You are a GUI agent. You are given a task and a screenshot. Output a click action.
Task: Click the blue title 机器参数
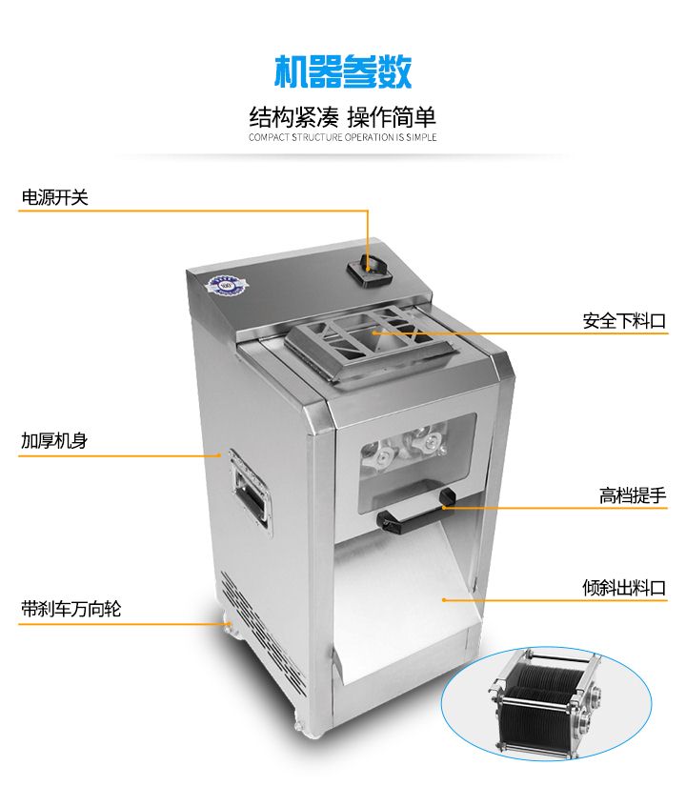coord(343,71)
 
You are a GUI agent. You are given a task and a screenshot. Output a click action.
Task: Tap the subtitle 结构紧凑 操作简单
coord(343,117)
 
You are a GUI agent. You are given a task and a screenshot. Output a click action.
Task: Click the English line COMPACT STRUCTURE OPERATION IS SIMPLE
coord(343,137)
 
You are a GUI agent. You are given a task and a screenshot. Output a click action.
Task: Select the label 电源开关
coord(54,197)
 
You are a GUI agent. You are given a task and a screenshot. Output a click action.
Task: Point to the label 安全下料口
coord(624,321)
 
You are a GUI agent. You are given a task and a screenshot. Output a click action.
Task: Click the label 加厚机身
coord(54,440)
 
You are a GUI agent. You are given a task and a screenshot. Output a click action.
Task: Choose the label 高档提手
coord(633,495)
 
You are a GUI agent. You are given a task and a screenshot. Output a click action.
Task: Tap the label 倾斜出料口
coord(624,588)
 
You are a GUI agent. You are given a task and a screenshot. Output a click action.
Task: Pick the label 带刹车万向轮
coord(71,609)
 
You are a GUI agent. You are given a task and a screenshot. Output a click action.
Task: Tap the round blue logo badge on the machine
coord(226,286)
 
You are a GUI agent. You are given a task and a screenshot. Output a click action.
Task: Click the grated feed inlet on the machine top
coord(371,341)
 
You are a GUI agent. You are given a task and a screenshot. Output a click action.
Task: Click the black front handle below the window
coord(416,512)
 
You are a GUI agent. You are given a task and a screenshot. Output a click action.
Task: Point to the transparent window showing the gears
coord(416,461)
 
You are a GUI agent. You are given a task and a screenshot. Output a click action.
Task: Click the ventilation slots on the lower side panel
coord(263,633)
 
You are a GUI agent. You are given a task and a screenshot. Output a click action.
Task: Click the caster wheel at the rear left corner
coord(227,627)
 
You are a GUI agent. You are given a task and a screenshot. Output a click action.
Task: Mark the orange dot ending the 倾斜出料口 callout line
coord(444,599)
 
